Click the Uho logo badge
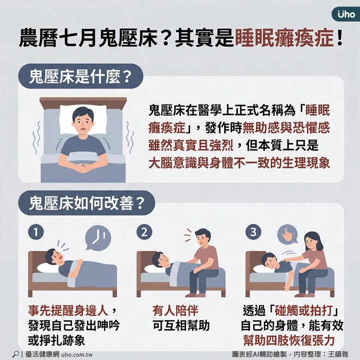(x=346, y=14)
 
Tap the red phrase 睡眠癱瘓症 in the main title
(x=284, y=38)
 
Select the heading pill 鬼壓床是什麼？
(x=81, y=76)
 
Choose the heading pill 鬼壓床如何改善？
(x=87, y=203)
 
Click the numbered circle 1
(x=36, y=232)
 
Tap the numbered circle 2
(x=144, y=232)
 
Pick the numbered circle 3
(x=253, y=232)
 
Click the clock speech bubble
(x=98, y=238)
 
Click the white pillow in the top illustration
(x=83, y=119)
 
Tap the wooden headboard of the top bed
(x=83, y=103)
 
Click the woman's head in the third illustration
(x=313, y=242)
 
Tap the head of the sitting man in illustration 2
(x=203, y=238)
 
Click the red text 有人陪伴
(x=175, y=311)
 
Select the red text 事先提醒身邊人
(x=68, y=311)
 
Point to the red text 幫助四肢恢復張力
(x=289, y=340)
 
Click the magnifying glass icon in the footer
(x=15, y=354)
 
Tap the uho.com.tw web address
(x=77, y=355)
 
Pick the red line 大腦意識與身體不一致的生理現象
(x=239, y=163)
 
